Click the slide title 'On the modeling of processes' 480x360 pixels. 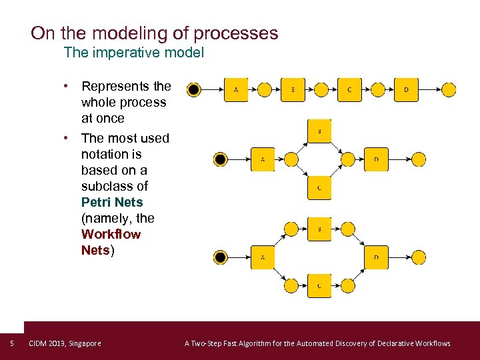tap(155, 33)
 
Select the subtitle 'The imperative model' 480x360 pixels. tap(133, 52)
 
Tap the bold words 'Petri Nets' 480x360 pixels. tap(112, 202)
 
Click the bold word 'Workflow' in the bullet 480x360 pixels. tap(111, 234)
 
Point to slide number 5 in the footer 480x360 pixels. tap(12, 343)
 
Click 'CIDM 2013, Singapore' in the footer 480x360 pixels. tap(65, 343)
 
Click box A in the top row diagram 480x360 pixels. tap(235, 89)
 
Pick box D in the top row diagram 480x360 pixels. tap(406, 89)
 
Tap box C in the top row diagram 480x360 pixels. tap(349, 89)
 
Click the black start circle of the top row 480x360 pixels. tap(193, 89)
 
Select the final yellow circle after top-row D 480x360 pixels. tap(449, 89)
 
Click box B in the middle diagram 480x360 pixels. tap(319, 131)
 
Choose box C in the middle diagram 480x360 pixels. tap(319, 187)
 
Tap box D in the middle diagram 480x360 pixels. tap(376, 159)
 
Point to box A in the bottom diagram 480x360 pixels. tap(263, 257)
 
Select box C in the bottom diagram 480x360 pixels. tap(319, 285)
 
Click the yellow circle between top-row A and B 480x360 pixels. tap(264, 89)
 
